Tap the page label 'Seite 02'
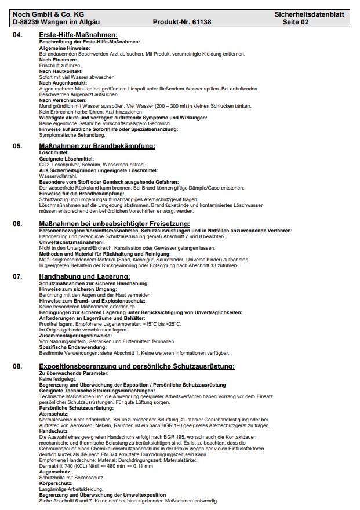tap(295, 22)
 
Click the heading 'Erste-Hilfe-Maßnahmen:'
tap(78, 35)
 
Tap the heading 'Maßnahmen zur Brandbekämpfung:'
tap(97, 146)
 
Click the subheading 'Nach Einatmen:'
tap(58, 60)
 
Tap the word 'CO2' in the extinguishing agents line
tap(45, 165)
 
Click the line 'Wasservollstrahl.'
tap(58, 176)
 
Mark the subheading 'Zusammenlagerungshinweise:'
tap(75, 336)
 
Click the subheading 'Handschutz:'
tap(54, 432)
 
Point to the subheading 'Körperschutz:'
tap(56, 483)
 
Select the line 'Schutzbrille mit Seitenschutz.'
tap(72, 477)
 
